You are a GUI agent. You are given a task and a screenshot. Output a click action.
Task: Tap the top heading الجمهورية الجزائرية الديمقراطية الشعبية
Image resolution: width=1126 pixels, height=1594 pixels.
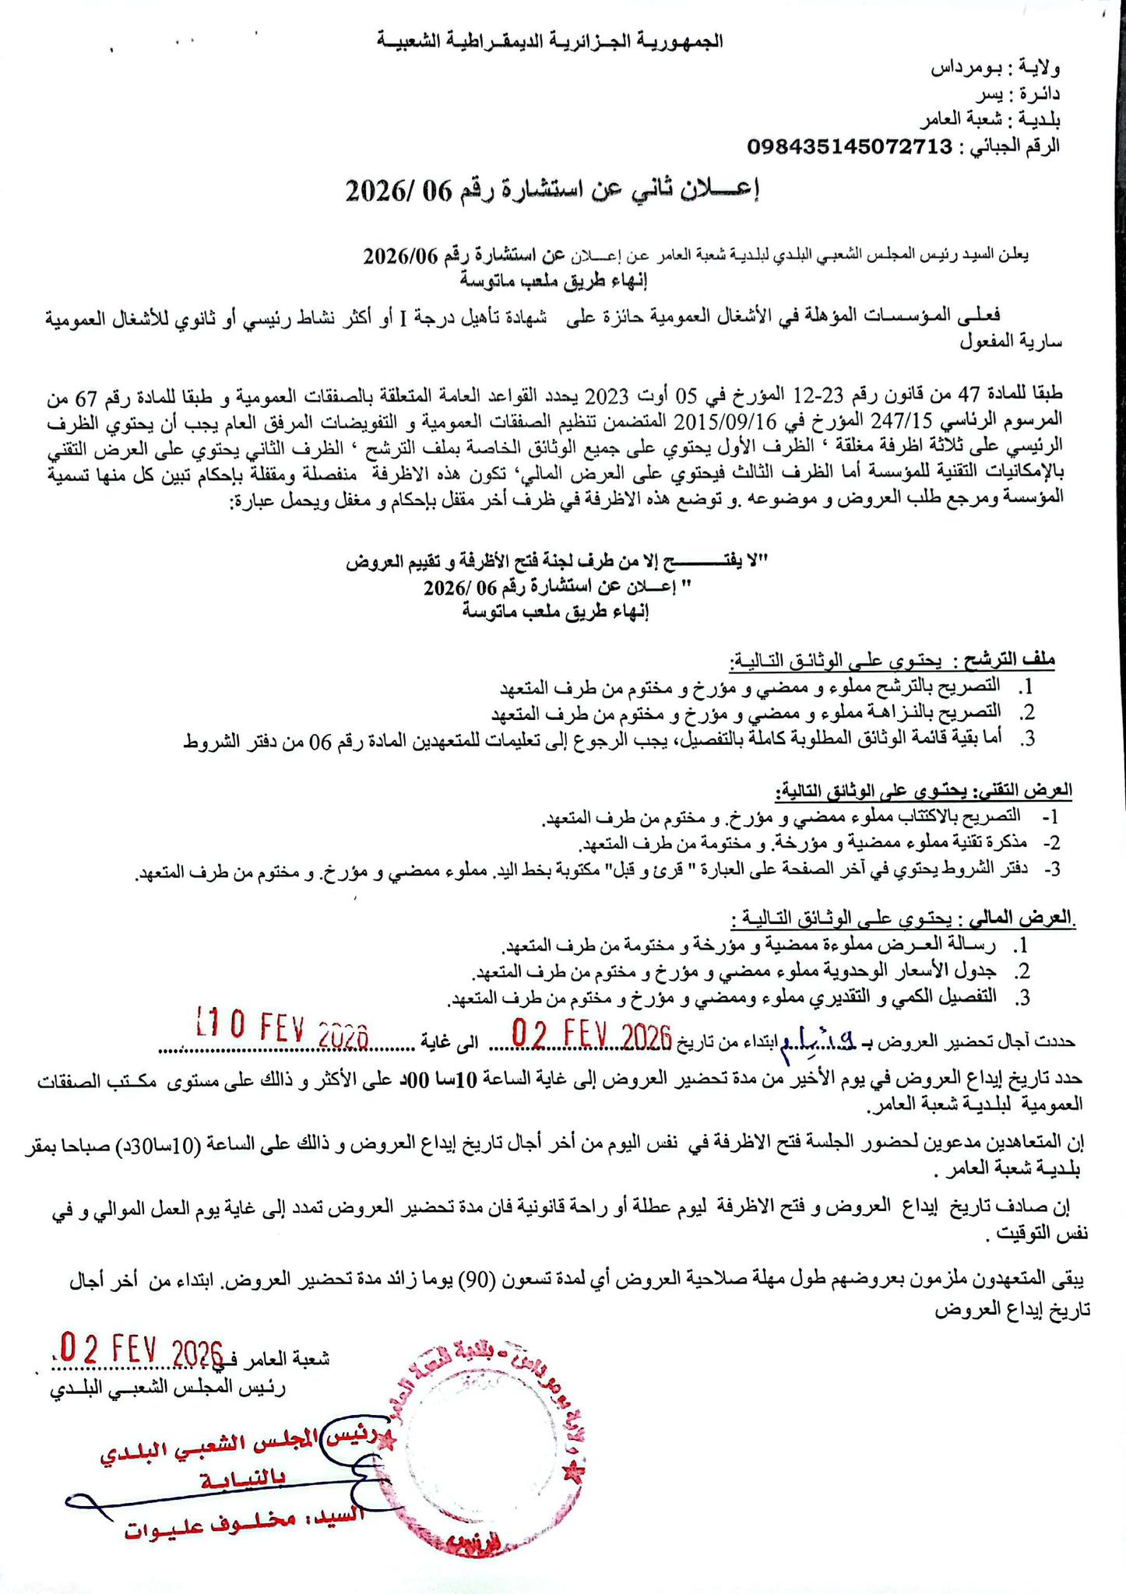551,40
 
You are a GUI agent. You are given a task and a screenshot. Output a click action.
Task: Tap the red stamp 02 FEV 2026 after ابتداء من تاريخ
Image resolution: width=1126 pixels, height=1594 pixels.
591,1036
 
